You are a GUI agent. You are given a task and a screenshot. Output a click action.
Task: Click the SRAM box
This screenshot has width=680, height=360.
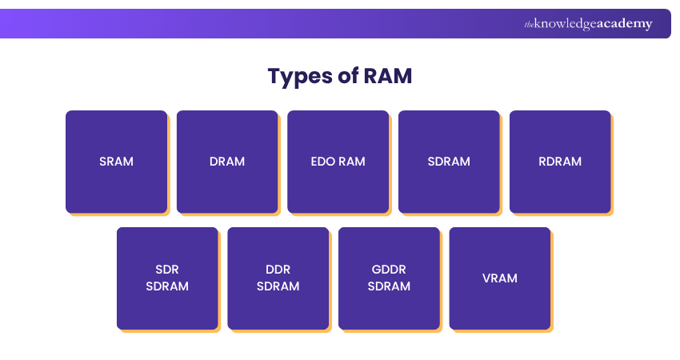(x=116, y=162)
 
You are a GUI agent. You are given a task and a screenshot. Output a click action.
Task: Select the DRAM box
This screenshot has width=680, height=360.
(x=227, y=162)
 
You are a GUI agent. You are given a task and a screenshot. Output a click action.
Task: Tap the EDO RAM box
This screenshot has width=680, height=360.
(x=338, y=162)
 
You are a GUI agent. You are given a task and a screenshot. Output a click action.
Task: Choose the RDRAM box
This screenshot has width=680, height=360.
(x=560, y=162)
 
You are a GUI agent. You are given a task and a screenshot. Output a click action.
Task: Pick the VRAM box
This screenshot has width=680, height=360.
(x=499, y=278)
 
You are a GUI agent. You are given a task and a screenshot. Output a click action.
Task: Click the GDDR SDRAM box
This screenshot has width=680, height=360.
(x=389, y=278)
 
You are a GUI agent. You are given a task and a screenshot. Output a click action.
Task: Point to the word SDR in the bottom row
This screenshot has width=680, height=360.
(x=167, y=270)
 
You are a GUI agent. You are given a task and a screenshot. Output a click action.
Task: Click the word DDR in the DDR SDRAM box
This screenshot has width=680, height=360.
(x=278, y=270)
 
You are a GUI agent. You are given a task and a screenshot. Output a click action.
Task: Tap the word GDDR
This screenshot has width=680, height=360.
(x=389, y=270)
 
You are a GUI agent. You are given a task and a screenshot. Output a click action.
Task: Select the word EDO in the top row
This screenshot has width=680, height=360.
(x=323, y=162)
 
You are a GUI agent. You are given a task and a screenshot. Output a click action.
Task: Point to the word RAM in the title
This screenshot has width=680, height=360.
(x=388, y=77)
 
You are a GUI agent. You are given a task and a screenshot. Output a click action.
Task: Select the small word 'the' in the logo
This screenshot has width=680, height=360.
(x=529, y=25)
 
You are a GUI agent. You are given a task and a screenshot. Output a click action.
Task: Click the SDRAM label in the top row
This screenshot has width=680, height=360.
(x=449, y=162)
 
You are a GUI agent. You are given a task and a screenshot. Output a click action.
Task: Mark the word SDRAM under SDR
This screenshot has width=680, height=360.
(x=167, y=286)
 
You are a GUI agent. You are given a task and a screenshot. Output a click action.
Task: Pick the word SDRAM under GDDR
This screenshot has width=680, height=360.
(x=389, y=286)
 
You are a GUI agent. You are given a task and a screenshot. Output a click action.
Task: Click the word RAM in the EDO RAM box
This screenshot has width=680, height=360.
(x=351, y=162)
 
